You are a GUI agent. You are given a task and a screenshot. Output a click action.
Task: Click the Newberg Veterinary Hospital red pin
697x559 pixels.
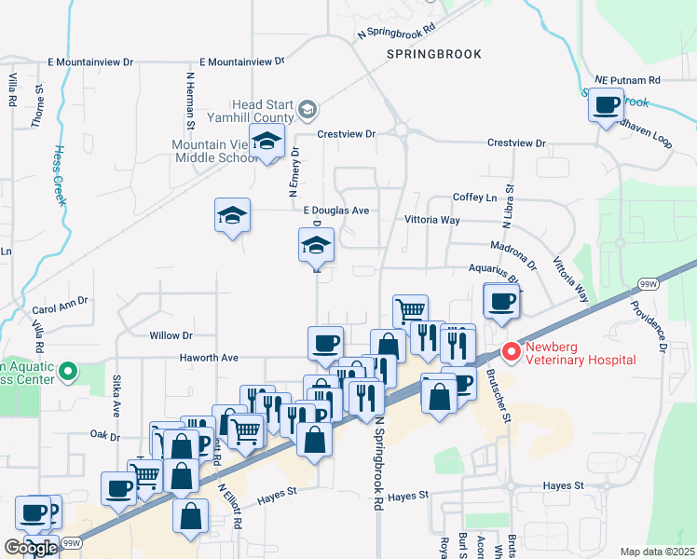pos(511,352)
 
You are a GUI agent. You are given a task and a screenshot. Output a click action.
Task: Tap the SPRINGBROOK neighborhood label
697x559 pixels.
pos(435,54)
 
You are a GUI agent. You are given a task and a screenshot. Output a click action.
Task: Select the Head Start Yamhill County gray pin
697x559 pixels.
pos(307,112)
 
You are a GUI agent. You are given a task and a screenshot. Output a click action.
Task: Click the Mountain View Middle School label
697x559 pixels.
pos(212,151)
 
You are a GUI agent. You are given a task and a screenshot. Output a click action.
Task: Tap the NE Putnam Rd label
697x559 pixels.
pos(628,80)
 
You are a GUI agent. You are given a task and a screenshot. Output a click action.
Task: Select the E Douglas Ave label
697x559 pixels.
pos(335,211)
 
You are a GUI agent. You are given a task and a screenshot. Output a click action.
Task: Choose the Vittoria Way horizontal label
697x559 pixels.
pos(431,220)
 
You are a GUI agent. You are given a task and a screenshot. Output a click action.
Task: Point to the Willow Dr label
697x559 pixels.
pos(170,334)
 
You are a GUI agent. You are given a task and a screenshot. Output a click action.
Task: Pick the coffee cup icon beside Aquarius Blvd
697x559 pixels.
pos(501,301)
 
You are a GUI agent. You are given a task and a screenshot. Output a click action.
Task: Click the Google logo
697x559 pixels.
pos(30,548)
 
